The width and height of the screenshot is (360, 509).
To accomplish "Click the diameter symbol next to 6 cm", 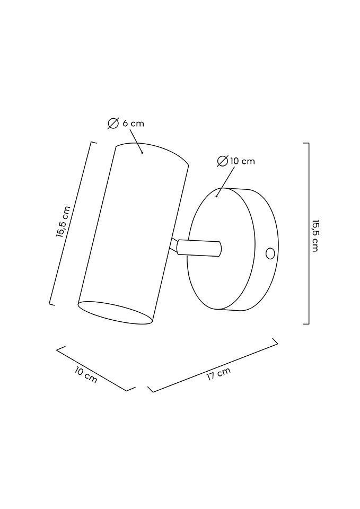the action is [113, 124].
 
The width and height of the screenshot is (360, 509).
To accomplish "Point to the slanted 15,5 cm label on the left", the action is [63, 222].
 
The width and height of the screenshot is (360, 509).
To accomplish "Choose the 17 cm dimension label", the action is [219, 374].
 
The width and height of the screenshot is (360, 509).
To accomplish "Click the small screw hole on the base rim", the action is [270, 253].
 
